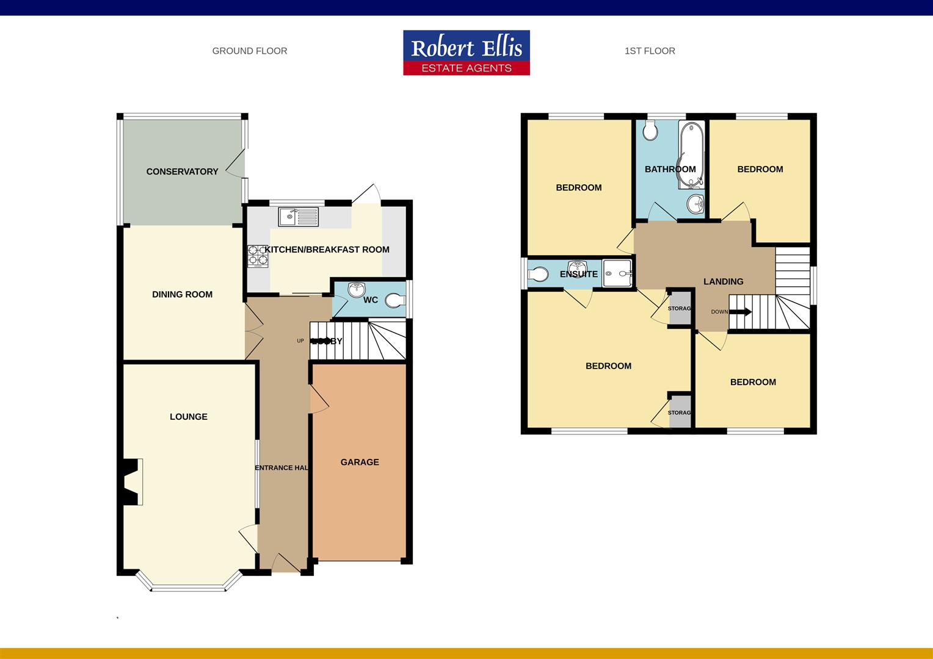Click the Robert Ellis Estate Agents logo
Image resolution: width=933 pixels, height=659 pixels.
click(x=466, y=53)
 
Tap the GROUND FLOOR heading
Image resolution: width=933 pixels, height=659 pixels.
click(x=249, y=51)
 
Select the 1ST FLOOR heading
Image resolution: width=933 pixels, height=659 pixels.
click(x=650, y=51)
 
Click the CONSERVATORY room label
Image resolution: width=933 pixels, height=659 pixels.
click(x=182, y=171)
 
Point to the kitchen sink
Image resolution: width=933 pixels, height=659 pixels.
click(x=298, y=216)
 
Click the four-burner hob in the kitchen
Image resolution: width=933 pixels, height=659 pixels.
click(x=258, y=256)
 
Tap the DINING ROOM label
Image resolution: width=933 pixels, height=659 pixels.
click(x=182, y=294)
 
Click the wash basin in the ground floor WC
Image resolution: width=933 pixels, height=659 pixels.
click(x=356, y=290)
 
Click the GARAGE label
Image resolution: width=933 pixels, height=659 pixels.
click(x=360, y=462)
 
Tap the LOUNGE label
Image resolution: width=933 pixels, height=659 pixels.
click(x=188, y=417)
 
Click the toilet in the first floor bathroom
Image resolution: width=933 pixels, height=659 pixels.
click(x=649, y=130)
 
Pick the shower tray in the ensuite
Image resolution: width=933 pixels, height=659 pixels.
click(x=617, y=273)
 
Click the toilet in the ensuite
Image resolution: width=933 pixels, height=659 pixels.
click(x=538, y=273)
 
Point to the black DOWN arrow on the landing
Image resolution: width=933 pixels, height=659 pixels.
click(x=740, y=312)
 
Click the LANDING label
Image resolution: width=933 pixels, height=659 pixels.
click(x=723, y=281)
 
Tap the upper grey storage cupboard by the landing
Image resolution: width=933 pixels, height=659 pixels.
click(x=679, y=308)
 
